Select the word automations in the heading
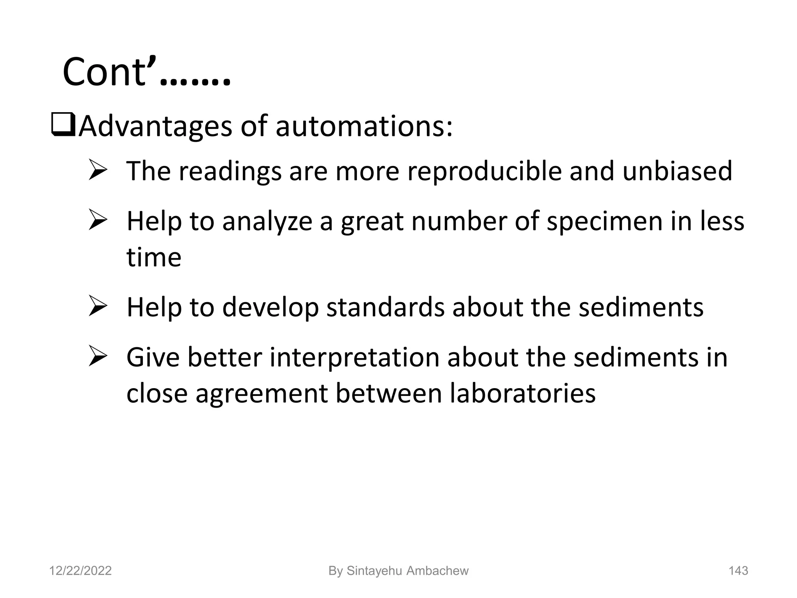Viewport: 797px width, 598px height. pyautogui.click(x=364, y=127)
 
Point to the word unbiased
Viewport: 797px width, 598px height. pyautogui.click(x=677, y=171)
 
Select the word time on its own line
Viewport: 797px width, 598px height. pyautogui.click(x=154, y=257)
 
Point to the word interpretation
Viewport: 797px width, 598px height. pyautogui.click(x=354, y=357)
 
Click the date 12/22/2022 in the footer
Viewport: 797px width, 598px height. pyautogui.click(x=80, y=571)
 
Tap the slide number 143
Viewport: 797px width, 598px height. pyautogui.click(x=738, y=571)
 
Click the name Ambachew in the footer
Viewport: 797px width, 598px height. pyautogui.click(x=437, y=571)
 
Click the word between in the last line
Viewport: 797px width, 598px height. pyautogui.click(x=389, y=393)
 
